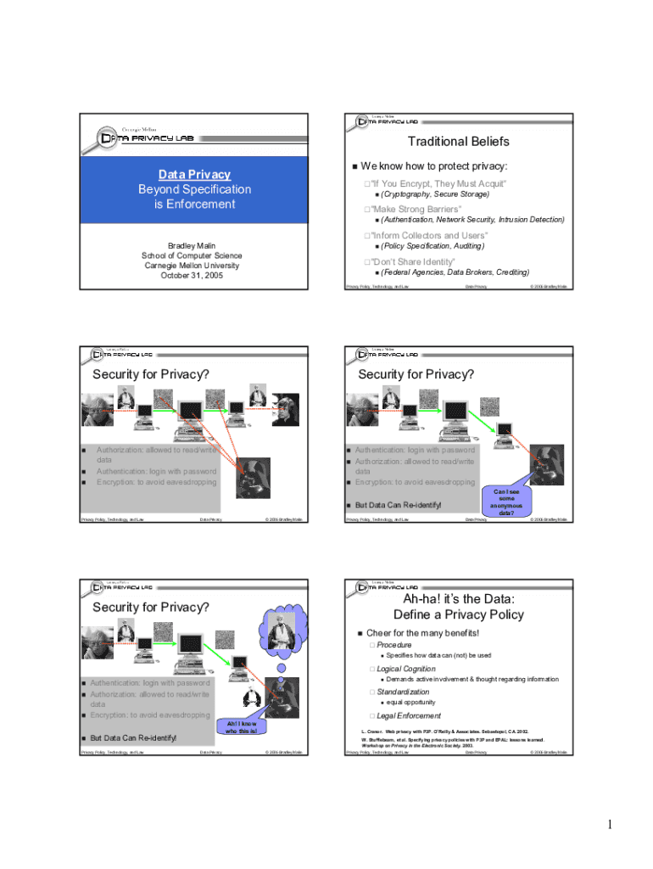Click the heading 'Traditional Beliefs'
[458, 142]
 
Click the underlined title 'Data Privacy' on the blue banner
[195, 174]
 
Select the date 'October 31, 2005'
[191, 276]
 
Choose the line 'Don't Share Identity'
[413, 261]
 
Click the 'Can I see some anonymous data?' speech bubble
[505, 502]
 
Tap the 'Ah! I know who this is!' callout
[242, 726]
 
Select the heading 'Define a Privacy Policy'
[458, 614]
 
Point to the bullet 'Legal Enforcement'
[409, 715]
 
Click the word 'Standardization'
[403, 692]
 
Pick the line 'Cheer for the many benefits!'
[422, 633]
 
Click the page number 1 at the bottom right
[609, 824]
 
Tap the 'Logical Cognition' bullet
[406, 669]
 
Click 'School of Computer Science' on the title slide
[192, 255]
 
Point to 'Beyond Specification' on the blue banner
[195, 189]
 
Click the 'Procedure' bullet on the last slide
[394, 645]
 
